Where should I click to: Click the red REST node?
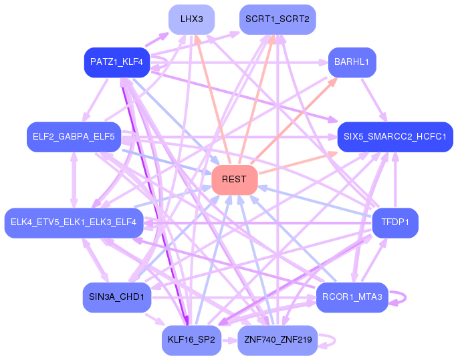[234, 180]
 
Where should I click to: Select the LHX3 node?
[191, 19]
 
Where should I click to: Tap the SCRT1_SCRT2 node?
[277, 19]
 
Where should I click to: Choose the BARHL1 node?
[352, 63]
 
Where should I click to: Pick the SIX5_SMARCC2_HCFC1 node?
[395, 137]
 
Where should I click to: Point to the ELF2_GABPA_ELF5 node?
[74, 137]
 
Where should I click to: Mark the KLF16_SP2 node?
[191, 340]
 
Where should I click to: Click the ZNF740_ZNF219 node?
[277, 340]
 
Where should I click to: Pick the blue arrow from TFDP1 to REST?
[314, 201]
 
